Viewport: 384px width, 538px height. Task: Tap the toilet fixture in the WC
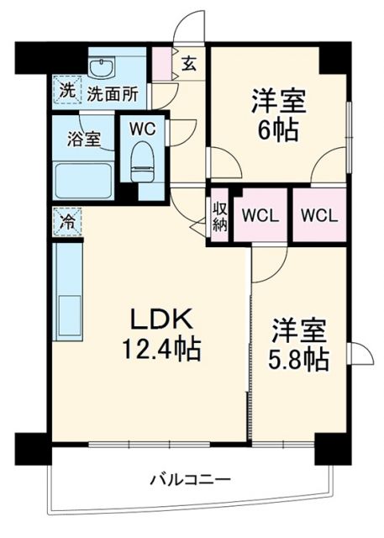(x=143, y=161)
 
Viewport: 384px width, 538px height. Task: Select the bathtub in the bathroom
(x=84, y=180)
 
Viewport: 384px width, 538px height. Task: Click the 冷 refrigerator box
(x=66, y=222)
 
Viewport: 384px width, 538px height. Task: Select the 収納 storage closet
(x=219, y=215)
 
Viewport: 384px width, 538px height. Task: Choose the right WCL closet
(x=318, y=215)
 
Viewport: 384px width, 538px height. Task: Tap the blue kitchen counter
(x=68, y=290)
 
